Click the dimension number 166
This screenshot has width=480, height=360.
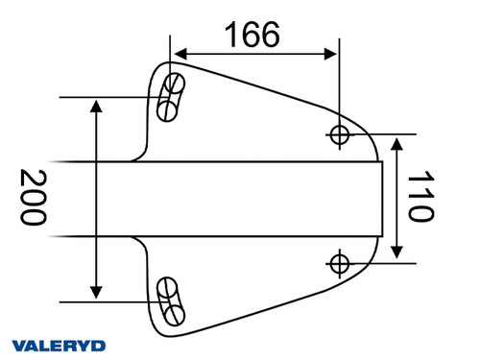click(x=252, y=35)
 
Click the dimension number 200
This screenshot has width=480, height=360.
click(x=34, y=198)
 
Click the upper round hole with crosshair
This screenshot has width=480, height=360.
click(x=338, y=133)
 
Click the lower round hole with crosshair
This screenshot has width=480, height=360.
click(x=338, y=261)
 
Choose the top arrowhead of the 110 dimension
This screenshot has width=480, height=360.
click(x=398, y=140)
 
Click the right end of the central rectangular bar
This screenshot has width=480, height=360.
click(x=382, y=198)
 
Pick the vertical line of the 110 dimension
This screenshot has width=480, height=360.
click(x=398, y=198)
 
